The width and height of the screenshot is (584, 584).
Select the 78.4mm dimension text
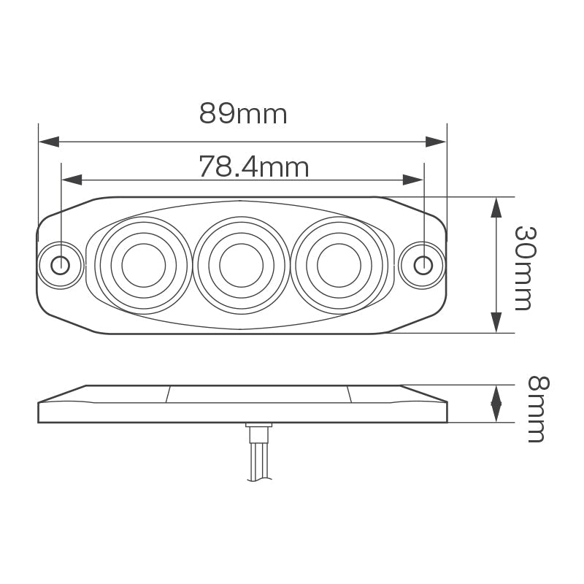tap(254, 167)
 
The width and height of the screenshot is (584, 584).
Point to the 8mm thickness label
tap(537, 409)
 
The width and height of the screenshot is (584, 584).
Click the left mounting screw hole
tap(61, 264)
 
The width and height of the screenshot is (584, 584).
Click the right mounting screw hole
tap(423, 264)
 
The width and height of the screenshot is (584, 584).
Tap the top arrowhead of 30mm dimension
tap(496, 207)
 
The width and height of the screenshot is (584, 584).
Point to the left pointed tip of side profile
tap(39, 403)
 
